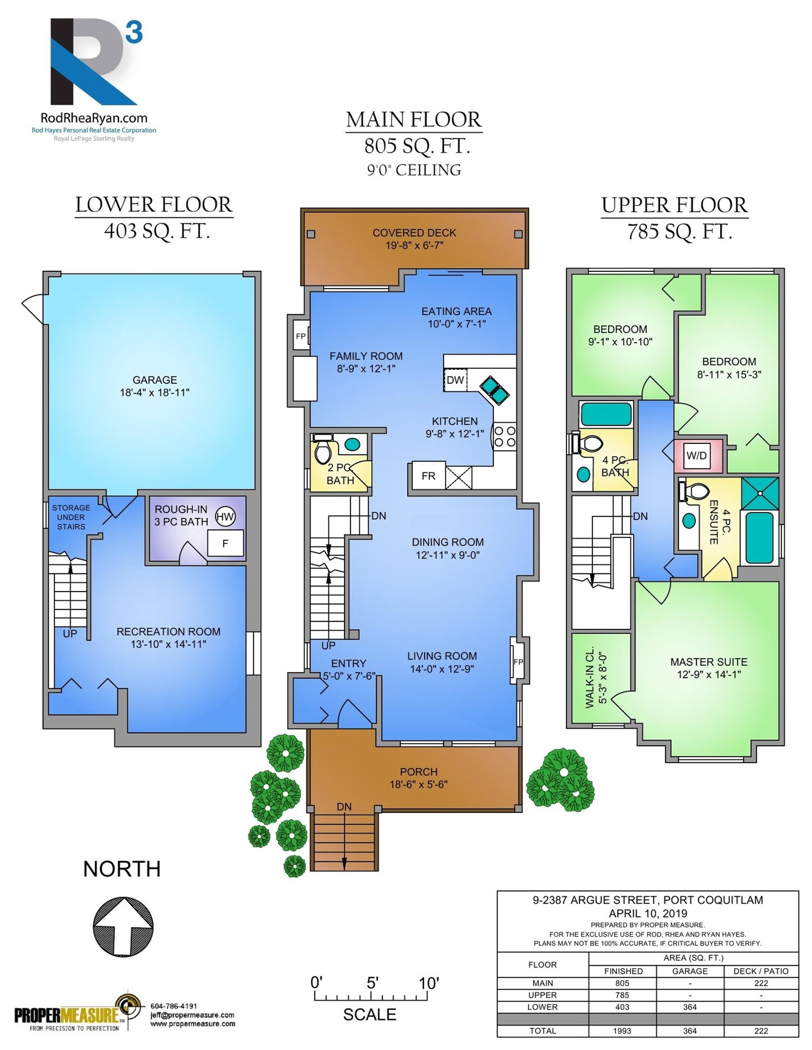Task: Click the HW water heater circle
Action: [x=225, y=517]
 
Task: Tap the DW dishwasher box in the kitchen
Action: [x=455, y=380]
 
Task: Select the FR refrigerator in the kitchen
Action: [x=428, y=476]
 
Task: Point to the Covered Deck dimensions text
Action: [x=414, y=245]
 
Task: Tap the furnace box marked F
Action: [x=225, y=544]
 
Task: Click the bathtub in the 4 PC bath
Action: [x=606, y=414]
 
